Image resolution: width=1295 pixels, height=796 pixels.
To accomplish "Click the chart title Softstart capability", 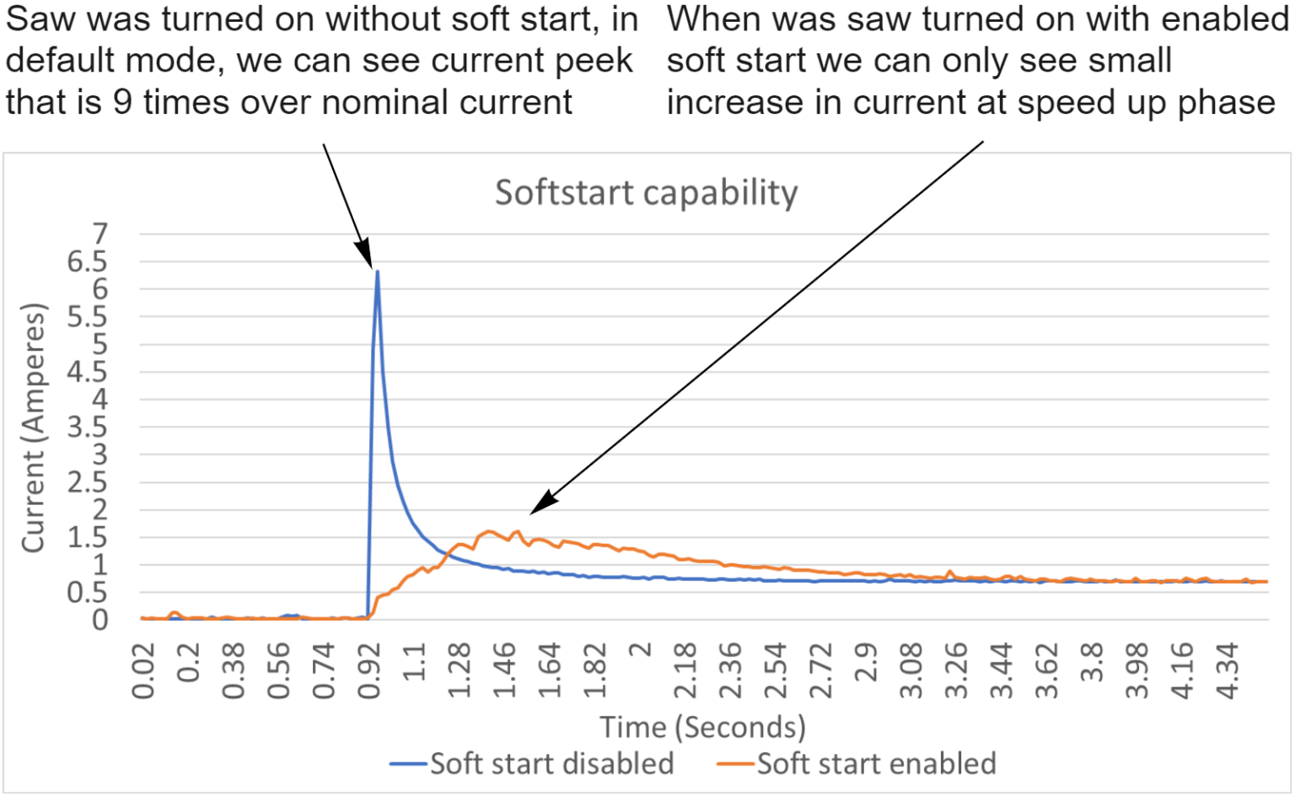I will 646,192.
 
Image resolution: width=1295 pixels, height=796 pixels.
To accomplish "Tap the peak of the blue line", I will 377,272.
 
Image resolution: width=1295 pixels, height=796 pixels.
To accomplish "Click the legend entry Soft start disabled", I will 551,764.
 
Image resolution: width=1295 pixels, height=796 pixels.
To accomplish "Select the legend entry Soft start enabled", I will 876,764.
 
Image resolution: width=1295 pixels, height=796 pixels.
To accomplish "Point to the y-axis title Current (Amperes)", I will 33,428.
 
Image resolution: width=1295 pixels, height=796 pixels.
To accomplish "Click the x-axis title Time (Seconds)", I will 702,727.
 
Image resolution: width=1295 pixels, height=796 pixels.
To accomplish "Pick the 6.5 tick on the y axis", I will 88,262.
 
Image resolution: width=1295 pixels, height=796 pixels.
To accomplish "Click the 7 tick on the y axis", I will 100,234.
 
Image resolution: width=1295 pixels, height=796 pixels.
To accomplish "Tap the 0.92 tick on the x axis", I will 369,670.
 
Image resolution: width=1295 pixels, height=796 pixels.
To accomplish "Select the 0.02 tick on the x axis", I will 143,670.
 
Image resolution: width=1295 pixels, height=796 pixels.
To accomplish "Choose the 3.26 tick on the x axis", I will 957,670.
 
